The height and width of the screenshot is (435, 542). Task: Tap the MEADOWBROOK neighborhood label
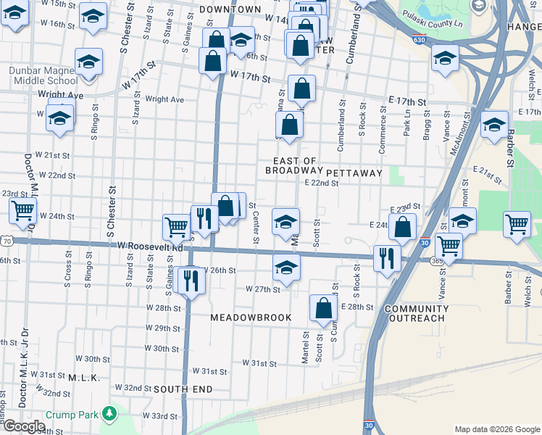click(251, 318)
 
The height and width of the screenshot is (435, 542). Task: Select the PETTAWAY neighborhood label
click(354, 173)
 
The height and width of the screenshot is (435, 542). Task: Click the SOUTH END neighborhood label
click(182, 389)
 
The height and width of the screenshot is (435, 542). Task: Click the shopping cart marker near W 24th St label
click(175, 225)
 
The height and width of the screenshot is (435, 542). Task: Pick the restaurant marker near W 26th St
click(191, 279)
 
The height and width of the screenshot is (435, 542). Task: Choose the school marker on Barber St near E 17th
click(494, 124)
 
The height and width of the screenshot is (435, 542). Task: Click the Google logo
click(23, 426)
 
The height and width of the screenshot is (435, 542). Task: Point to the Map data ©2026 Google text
click(496, 429)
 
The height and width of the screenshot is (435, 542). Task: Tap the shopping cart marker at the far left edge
click(23, 211)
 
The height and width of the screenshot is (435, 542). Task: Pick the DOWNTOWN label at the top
click(230, 9)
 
